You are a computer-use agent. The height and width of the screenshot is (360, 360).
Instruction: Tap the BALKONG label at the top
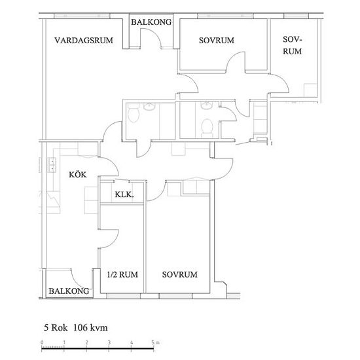[151, 22]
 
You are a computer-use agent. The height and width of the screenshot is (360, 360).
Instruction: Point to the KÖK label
[78, 175]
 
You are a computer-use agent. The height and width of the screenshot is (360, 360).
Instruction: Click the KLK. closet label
[124, 195]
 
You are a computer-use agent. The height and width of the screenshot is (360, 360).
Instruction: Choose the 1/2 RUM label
[122, 275]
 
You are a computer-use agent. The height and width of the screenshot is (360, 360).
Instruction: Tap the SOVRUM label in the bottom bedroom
[179, 275]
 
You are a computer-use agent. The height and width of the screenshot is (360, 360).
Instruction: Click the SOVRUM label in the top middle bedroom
[216, 41]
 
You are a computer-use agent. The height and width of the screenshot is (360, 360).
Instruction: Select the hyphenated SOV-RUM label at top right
[293, 45]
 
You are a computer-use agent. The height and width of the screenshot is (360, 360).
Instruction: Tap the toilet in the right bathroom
[207, 126]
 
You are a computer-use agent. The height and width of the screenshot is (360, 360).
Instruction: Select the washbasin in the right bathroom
[207, 105]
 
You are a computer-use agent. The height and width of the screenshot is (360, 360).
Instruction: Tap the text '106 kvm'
[90, 327]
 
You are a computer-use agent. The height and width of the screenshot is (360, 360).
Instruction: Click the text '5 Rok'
[54, 327]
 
